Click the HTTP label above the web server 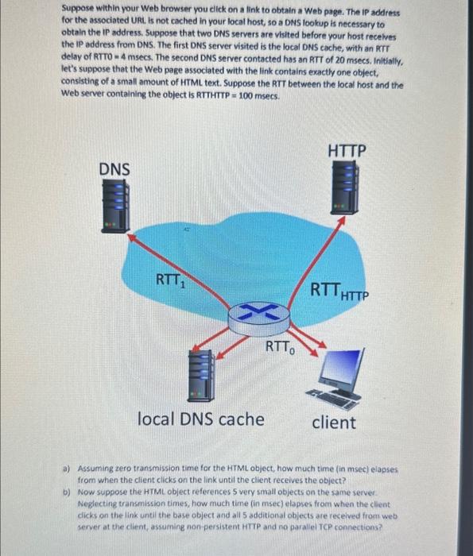pos(347,150)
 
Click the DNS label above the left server pos(116,168)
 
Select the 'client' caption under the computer pos(334,422)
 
